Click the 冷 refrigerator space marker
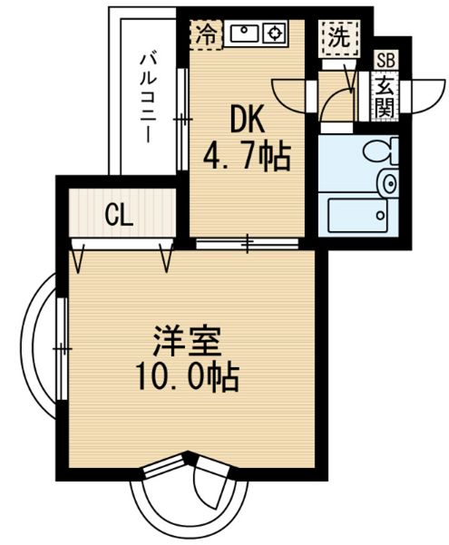[207, 34]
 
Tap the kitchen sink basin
[244, 34]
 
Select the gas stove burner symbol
[275, 34]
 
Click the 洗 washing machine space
[339, 37]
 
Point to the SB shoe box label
[386, 61]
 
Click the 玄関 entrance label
[386, 96]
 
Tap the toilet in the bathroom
[381, 151]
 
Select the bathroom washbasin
[389, 183]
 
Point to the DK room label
[247, 120]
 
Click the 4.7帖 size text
[246, 156]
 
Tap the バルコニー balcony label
[149, 99]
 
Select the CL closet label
[119, 216]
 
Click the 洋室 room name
[187, 341]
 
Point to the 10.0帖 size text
[188, 377]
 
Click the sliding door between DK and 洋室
[248, 243]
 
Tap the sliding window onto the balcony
[182, 119]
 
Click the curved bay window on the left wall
[34, 346]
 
